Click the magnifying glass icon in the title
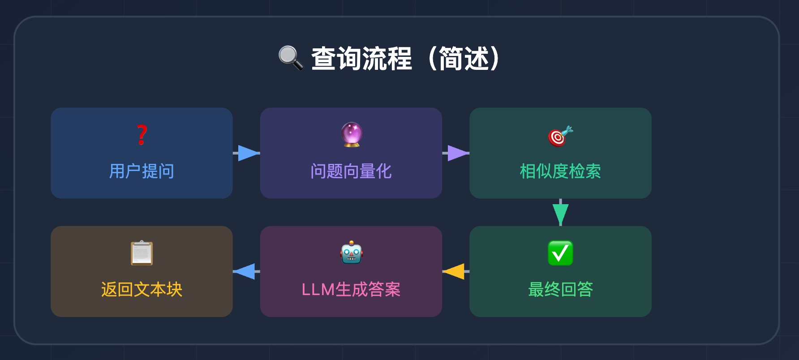click(291, 58)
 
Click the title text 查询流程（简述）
click(405, 59)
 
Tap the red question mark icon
click(142, 135)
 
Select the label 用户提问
click(142, 171)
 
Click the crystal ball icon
click(352, 134)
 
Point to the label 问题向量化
click(351, 171)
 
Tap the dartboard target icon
click(560, 136)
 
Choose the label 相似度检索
click(560, 171)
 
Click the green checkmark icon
click(560, 253)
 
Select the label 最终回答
click(560, 289)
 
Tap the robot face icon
click(352, 253)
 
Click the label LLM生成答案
click(351, 289)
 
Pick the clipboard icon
click(142, 253)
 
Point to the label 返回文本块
click(142, 289)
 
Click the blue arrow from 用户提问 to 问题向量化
click(248, 153)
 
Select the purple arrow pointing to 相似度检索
click(457, 153)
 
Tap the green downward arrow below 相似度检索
click(560, 213)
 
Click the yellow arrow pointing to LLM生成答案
click(454, 271)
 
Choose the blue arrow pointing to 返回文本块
click(245, 271)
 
